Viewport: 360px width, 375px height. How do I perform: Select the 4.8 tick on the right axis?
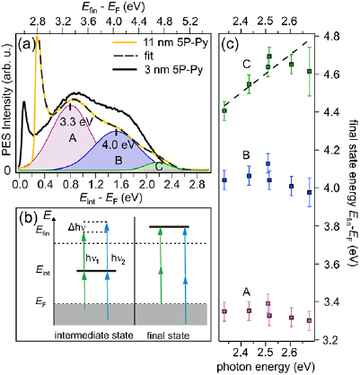click(317, 36)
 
